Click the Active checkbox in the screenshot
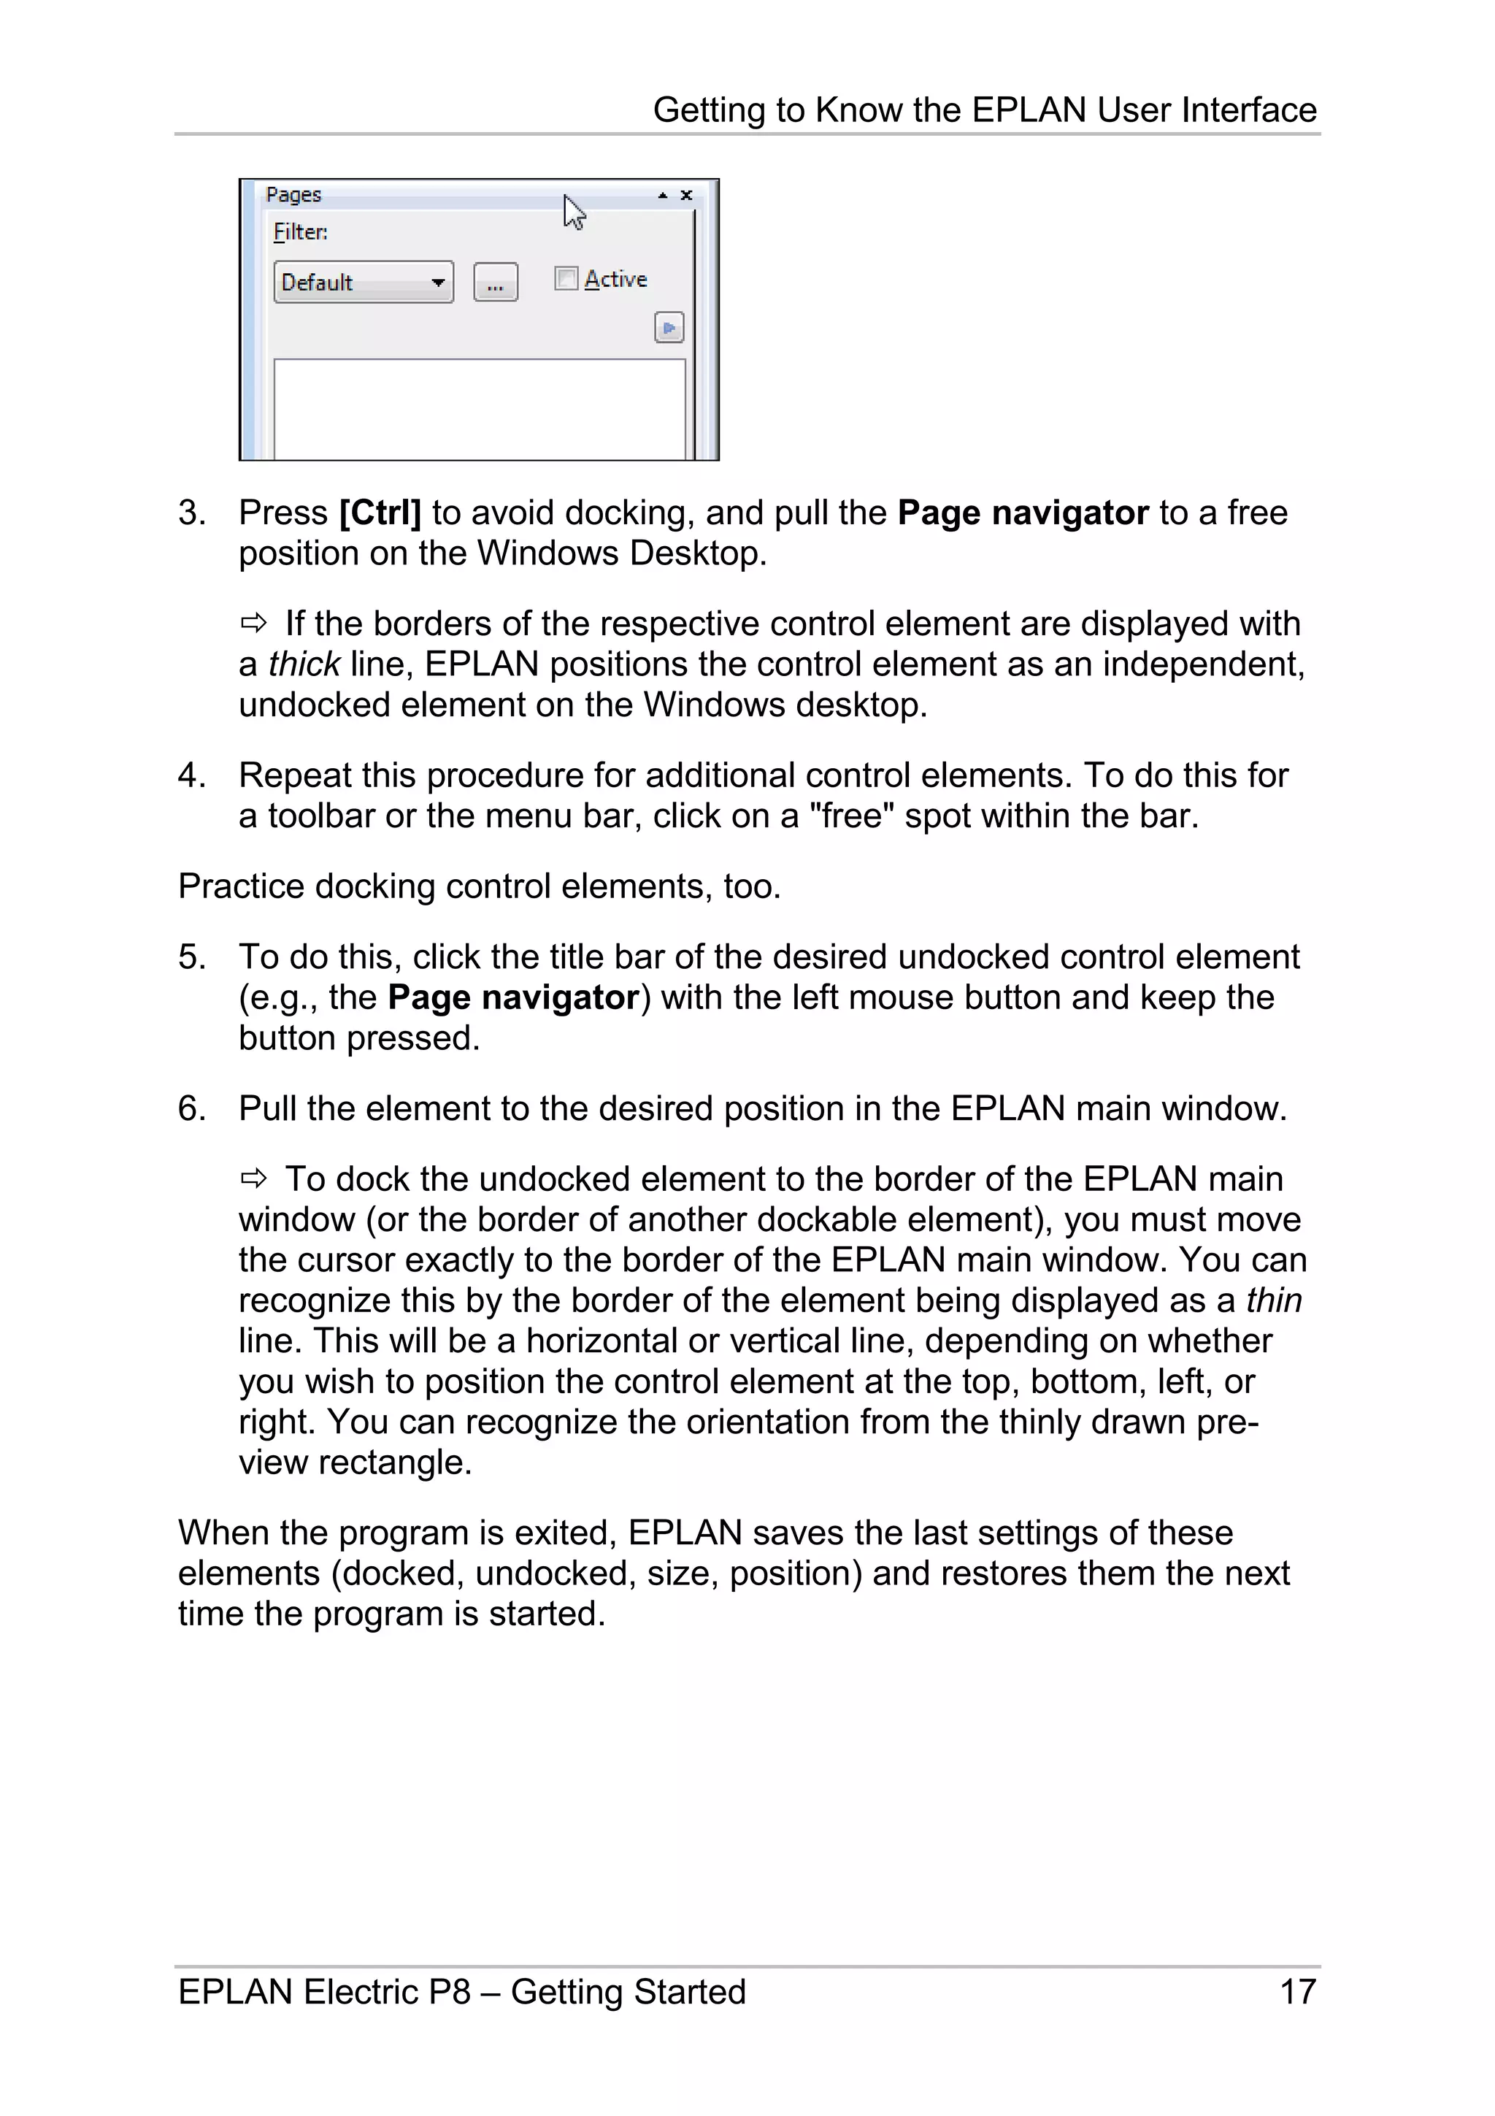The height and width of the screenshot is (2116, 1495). [566, 278]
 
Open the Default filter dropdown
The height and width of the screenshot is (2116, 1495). [439, 282]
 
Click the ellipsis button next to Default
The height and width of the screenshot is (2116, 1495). [496, 283]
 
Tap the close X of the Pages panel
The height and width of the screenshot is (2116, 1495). [686, 196]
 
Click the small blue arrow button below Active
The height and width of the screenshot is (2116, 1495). [669, 328]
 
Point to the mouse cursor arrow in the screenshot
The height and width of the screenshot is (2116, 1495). [574, 212]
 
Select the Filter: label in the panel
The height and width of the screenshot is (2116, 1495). [300, 232]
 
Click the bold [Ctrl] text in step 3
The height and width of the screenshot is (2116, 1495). [380, 513]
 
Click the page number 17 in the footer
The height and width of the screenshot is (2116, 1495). [1297, 1992]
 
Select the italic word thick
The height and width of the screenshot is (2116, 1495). [304, 664]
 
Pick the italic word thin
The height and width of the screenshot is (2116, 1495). [1274, 1300]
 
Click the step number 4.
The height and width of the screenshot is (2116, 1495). [190, 776]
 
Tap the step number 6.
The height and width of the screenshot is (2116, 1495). [190, 1108]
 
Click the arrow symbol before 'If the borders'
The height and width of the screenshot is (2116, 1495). [253, 624]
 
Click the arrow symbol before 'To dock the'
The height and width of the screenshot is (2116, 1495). [253, 1178]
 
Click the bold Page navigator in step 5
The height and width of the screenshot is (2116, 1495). [513, 998]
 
